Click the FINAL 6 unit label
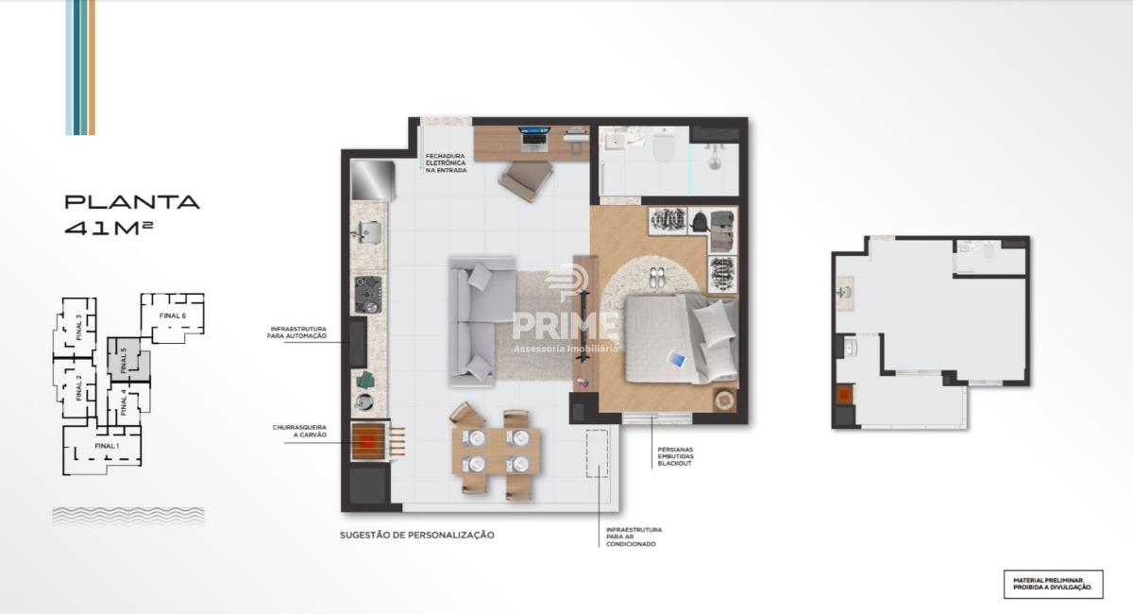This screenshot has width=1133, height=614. tap(173, 316)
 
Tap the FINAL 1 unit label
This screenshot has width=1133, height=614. tap(107, 446)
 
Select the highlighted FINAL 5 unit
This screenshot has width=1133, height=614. tap(128, 359)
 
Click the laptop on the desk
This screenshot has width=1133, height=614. tap(533, 138)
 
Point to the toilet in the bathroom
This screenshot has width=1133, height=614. tap(663, 145)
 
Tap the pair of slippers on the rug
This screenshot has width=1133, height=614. tap(658, 278)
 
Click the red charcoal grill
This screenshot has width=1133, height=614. tap(368, 441)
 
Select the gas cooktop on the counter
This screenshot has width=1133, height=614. tap(367, 295)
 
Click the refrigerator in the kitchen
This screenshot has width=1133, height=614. tap(373, 180)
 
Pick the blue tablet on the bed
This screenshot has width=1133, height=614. tap(676, 359)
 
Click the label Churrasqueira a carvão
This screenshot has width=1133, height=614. tap(299, 432)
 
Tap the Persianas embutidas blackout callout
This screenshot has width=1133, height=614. tap(675, 456)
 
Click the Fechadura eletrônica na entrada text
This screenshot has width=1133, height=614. tap(446, 163)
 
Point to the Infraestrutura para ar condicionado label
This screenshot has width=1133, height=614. tap(634, 537)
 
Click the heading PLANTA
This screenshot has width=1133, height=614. tap(132, 202)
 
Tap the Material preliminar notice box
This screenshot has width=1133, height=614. tap(1053, 584)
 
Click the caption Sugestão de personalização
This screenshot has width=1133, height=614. tap(416, 535)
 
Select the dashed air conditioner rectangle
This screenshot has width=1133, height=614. tap(598, 453)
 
